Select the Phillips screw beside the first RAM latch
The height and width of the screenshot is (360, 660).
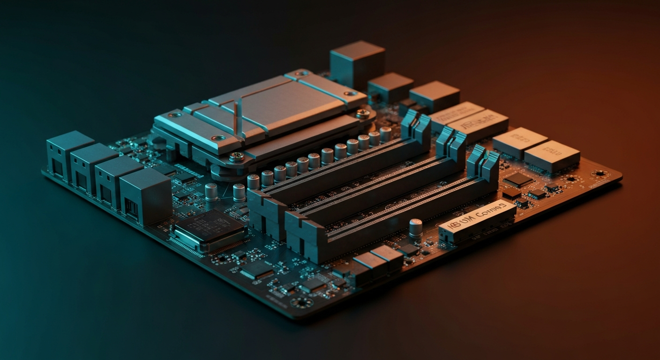pos(362,113)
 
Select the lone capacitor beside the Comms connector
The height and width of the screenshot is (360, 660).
pos(415,228)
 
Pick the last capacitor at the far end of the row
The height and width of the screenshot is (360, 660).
pos(385,134)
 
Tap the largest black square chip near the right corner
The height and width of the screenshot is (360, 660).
pos(518,179)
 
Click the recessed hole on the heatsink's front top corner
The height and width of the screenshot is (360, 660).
pos(218,138)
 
